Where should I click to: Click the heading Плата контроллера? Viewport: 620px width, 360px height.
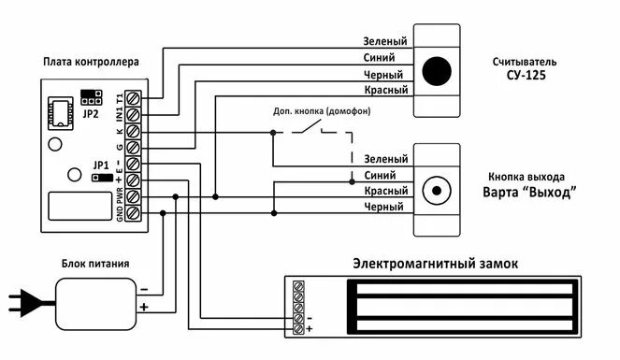[x=91, y=63]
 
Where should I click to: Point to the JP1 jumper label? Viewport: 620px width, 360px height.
[x=101, y=164]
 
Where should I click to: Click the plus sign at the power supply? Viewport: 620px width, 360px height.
[x=143, y=307]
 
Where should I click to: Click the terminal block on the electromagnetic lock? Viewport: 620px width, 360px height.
[x=298, y=307]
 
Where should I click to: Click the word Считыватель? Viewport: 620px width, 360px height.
[x=526, y=62]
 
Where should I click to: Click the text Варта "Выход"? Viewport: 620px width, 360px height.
[x=529, y=193]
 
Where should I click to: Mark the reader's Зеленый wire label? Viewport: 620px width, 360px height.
[x=384, y=42]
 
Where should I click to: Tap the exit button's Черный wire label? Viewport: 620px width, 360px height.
[x=385, y=207]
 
